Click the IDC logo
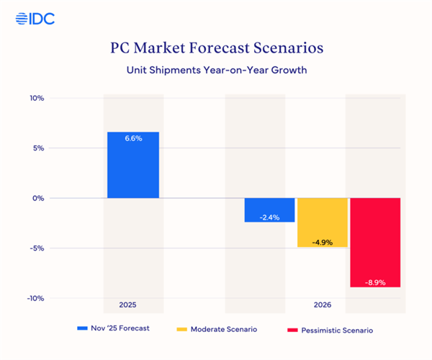point(34,19)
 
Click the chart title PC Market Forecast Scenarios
point(216,48)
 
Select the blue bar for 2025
point(133,165)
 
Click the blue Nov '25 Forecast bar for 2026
point(269,210)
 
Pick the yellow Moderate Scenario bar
point(322,222)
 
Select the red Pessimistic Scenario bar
point(374,243)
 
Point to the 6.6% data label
point(133,138)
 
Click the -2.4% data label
point(269,217)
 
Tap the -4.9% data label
point(322,242)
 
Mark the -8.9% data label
point(374,282)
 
